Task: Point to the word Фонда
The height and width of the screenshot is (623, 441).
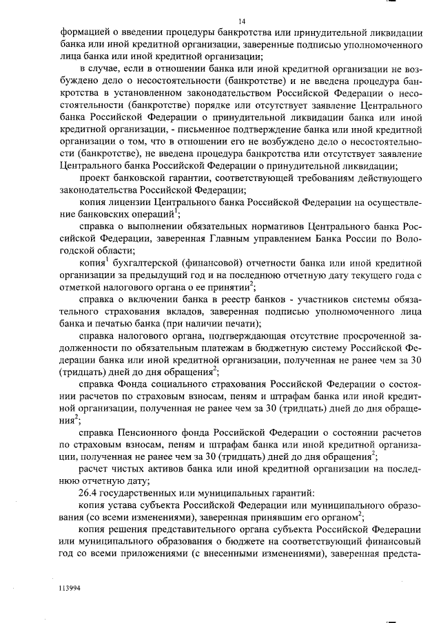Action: pyautogui.click(x=137, y=383)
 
